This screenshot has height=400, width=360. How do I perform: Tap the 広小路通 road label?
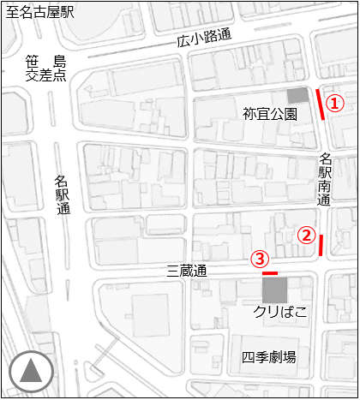[205, 37]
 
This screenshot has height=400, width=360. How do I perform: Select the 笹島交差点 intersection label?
[46, 68]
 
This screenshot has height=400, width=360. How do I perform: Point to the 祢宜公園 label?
[270, 113]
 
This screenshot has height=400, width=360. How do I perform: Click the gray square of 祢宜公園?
[297, 95]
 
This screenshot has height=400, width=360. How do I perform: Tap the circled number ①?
[336, 103]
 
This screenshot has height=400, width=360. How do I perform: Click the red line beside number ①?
[321, 104]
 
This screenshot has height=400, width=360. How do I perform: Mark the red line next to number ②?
[321, 245]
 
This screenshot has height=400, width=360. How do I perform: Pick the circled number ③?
[260, 258]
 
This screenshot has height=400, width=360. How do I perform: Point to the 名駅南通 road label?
[325, 179]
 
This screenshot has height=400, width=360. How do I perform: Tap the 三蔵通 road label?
[187, 272]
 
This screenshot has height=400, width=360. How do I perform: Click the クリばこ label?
[280, 311]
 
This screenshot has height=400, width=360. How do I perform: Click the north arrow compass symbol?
[31, 371]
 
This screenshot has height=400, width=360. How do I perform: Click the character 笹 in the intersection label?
[33, 61]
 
